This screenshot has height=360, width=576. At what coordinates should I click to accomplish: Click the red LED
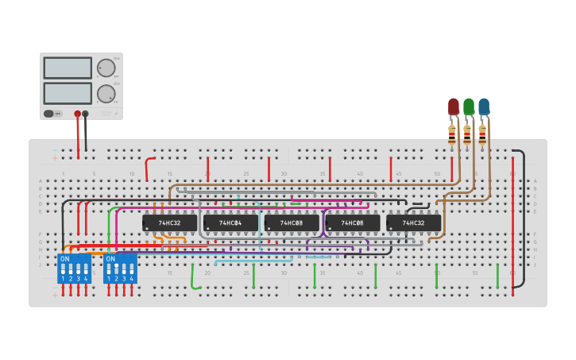[454, 106]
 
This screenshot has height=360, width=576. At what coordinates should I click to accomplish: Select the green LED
[469, 106]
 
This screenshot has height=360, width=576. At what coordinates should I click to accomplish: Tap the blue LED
[484, 106]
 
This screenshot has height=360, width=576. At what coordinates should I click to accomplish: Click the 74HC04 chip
[230, 223]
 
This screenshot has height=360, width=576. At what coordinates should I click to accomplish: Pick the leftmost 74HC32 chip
[169, 223]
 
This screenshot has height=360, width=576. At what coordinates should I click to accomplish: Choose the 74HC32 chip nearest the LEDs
[413, 223]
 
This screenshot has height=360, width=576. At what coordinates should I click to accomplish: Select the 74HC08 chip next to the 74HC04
[292, 223]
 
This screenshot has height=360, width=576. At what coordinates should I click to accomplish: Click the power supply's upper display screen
[68, 68]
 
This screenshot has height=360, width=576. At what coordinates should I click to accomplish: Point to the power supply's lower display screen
[68, 93]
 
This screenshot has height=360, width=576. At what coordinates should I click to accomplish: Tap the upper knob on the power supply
[105, 68]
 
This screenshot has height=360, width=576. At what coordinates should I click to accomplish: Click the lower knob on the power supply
[105, 95]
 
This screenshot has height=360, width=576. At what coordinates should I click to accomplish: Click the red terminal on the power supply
[78, 114]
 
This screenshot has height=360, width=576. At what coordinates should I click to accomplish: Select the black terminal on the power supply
[86, 114]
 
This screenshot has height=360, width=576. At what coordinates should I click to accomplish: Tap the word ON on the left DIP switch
[64, 259]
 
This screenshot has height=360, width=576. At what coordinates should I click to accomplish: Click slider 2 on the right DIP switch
[117, 269]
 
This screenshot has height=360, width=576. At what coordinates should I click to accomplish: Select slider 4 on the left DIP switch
[86, 269]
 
